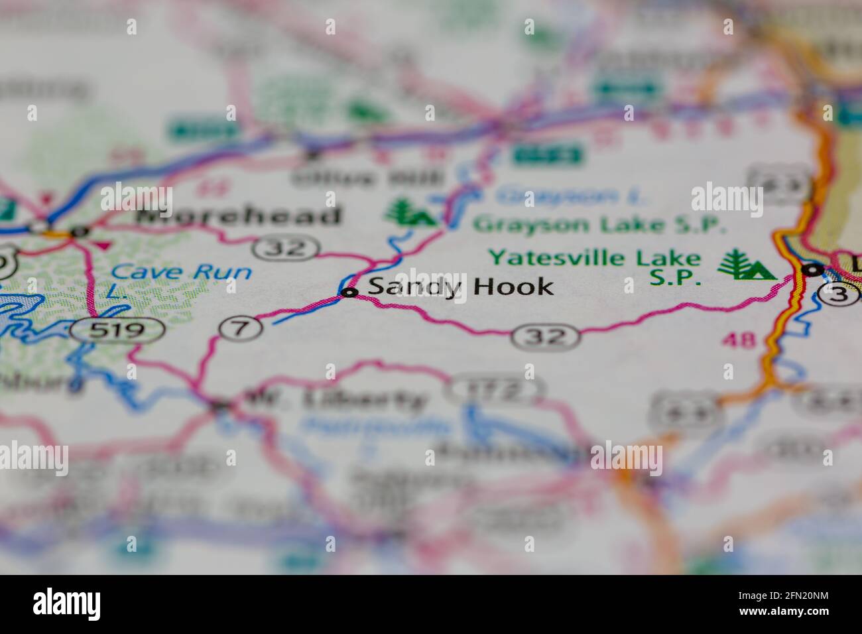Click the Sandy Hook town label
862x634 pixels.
[460, 287]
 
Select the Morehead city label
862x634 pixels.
[241, 216]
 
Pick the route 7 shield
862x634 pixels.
[240, 327]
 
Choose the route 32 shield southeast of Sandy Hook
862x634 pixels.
[546, 337]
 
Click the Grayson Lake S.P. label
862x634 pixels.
[596, 225]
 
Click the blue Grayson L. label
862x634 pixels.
[575, 195]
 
